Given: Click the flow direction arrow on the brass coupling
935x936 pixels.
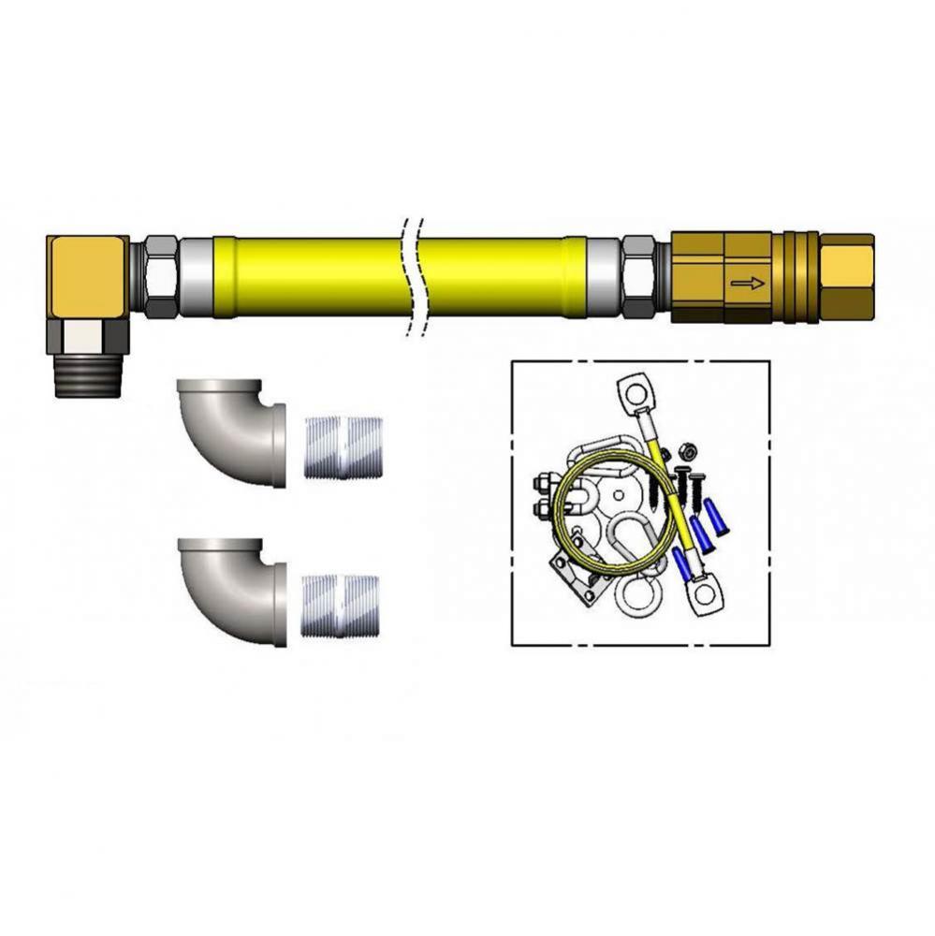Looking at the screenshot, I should click(x=747, y=281).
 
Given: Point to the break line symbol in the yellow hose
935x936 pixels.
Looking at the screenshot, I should click(x=414, y=276).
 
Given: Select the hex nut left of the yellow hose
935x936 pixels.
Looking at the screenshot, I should click(x=160, y=277).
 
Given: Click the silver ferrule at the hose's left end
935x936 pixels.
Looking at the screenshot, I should click(x=196, y=277).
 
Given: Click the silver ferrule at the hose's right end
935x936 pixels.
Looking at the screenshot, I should click(x=605, y=277).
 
